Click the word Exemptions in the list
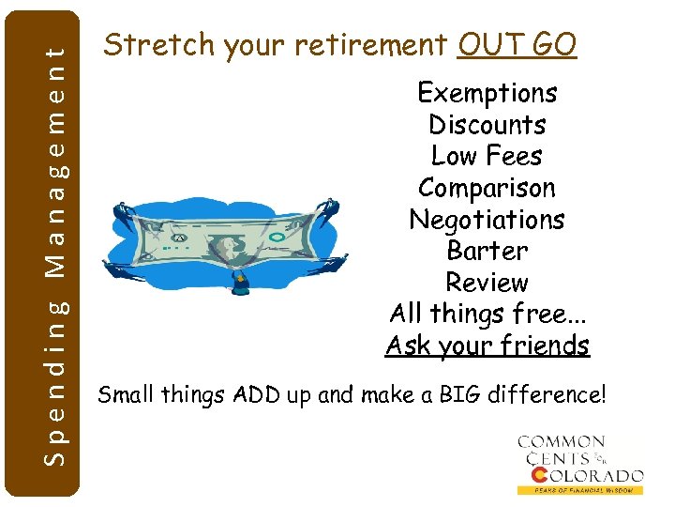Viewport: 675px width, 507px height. tap(487, 93)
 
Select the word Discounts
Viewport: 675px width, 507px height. tap(487, 125)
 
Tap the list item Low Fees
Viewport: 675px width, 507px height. tap(487, 156)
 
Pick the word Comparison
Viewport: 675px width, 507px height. tap(487, 188)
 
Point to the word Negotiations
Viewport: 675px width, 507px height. tap(487, 220)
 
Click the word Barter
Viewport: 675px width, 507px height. tap(487, 251)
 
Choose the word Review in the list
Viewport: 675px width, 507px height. tap(487, 283)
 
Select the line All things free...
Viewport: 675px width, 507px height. tap(487, 314)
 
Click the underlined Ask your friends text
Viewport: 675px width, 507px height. tap(487, 346)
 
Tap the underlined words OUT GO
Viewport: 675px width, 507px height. tap(517, 44)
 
